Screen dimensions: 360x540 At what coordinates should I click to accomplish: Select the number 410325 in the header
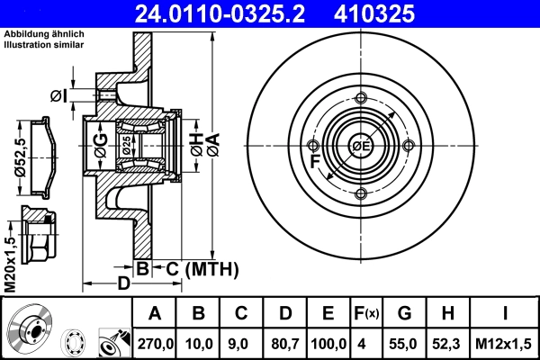point(402,13)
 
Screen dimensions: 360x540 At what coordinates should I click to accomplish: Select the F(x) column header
point(365,315)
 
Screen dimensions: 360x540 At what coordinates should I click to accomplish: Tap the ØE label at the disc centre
point(361,147)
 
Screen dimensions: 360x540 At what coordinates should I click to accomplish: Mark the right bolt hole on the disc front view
point(409,147)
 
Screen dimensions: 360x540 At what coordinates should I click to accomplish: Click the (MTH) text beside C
point(212,268)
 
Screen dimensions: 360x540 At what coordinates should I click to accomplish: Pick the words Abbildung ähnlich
point(37,33)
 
